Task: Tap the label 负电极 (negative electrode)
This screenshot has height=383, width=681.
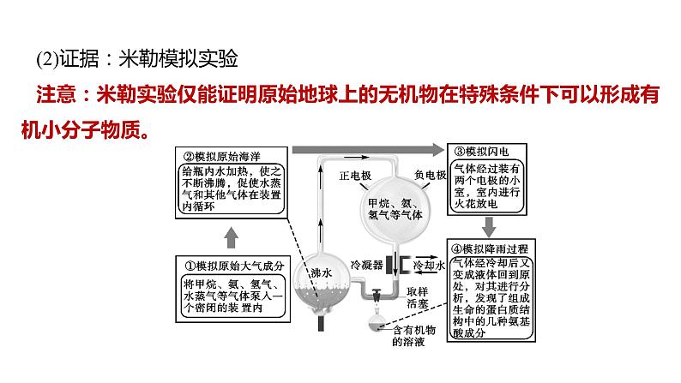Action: (430, 174)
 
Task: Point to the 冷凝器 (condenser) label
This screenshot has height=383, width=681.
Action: (365, 265)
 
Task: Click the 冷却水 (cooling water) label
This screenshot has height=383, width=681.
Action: (429, 266)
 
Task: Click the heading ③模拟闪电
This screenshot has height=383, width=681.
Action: (481, 151)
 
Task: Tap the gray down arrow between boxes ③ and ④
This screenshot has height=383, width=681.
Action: (490, 224)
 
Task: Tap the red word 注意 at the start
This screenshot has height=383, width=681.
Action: (57, 94)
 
